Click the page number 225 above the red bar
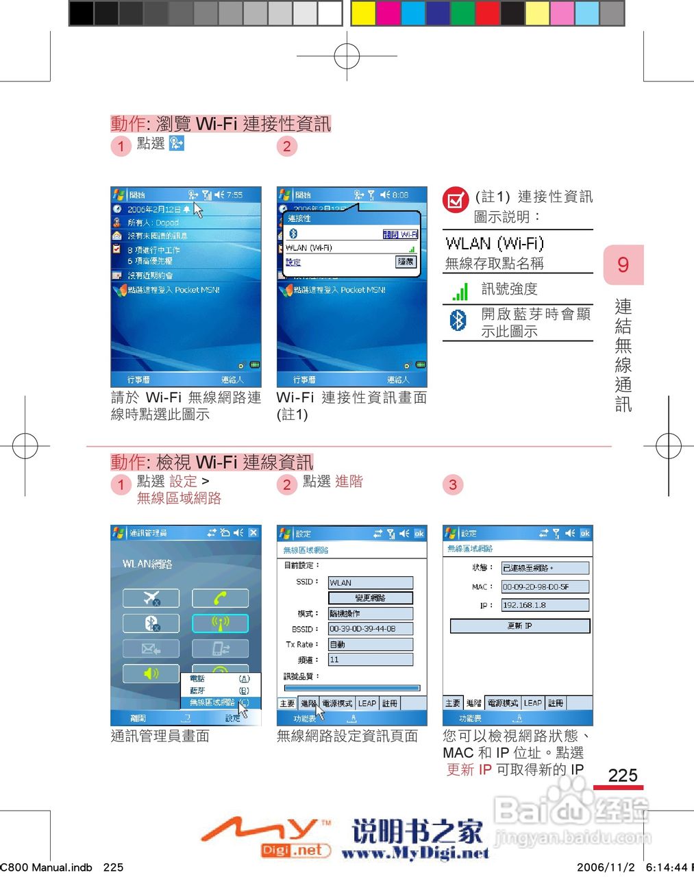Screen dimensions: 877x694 622,775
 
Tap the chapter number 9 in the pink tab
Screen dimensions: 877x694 623,264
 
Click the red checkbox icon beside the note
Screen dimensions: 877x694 455,200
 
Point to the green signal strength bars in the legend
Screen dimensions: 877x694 460,291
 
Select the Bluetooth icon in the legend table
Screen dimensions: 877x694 458,320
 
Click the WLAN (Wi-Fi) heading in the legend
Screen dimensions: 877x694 494,243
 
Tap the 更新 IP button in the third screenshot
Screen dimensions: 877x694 519,626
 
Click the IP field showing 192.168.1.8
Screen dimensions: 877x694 545,605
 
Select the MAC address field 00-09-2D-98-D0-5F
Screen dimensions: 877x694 545,586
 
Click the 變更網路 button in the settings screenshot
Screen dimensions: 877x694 370,598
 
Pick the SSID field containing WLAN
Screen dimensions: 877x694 370,582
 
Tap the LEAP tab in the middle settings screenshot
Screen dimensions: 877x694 367,703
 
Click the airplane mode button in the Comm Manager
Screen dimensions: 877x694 151,598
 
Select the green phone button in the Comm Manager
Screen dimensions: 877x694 219,598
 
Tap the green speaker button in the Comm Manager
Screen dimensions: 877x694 151,674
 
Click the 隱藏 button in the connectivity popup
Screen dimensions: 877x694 406,262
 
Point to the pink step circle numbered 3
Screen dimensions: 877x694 453,485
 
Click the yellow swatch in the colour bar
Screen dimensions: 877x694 363,13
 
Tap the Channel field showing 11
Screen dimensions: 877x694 370,659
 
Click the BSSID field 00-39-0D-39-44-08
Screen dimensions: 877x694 370,628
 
